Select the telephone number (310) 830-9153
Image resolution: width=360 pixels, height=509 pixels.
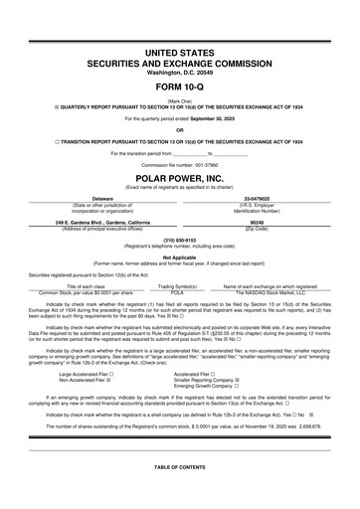(x=180, y=240)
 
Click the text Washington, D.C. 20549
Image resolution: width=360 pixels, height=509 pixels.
(x=180, y=72)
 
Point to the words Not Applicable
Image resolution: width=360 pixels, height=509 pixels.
(x=180, y=256)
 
